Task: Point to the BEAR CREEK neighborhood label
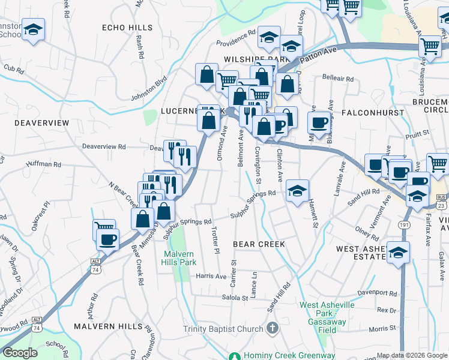click(259, 244)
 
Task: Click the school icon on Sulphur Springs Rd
click(297, 191)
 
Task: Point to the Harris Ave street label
click(211, 277)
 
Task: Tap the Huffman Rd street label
click(44, 164)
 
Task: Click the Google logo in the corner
click(20, 353)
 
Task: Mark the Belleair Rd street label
click(338, 79)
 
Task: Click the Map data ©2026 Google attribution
click(411, 355)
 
